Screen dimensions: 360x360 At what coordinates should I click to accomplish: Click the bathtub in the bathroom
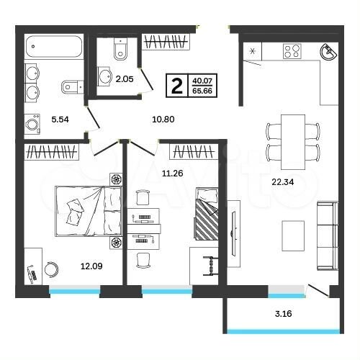[x=54, y=49]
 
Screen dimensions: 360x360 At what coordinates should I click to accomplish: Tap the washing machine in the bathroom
[x=33, y=125]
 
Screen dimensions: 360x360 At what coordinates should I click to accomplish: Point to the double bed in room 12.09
[x=86, y=210]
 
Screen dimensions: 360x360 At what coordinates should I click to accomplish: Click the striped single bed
[x=207, y=215]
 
